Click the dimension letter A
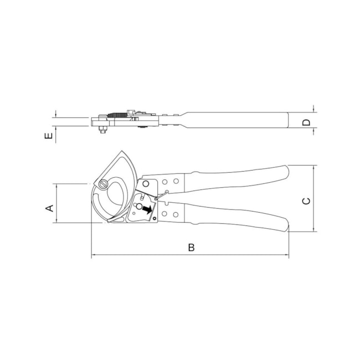click(50, 208)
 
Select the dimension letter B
click(191, 248)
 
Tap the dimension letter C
click(306, 201)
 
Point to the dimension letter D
click(306, 122)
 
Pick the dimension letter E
click(48, 136)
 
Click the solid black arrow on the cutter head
click(147, 209)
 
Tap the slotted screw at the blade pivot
click(103, 184)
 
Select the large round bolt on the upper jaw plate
click(146, 184)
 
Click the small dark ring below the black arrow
click(154, 218)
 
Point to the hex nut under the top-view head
click(102, 130)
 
